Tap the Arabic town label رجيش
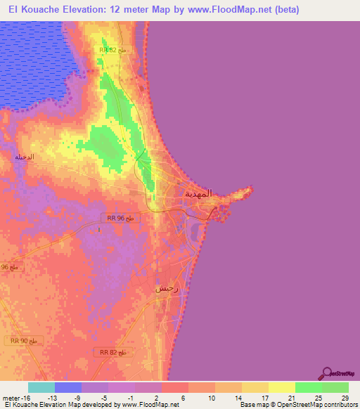pos(167,288)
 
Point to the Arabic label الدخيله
pos(25,157)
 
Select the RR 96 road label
pos(115,218)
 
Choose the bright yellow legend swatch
pos(281,387)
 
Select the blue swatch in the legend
pos(67,387)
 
